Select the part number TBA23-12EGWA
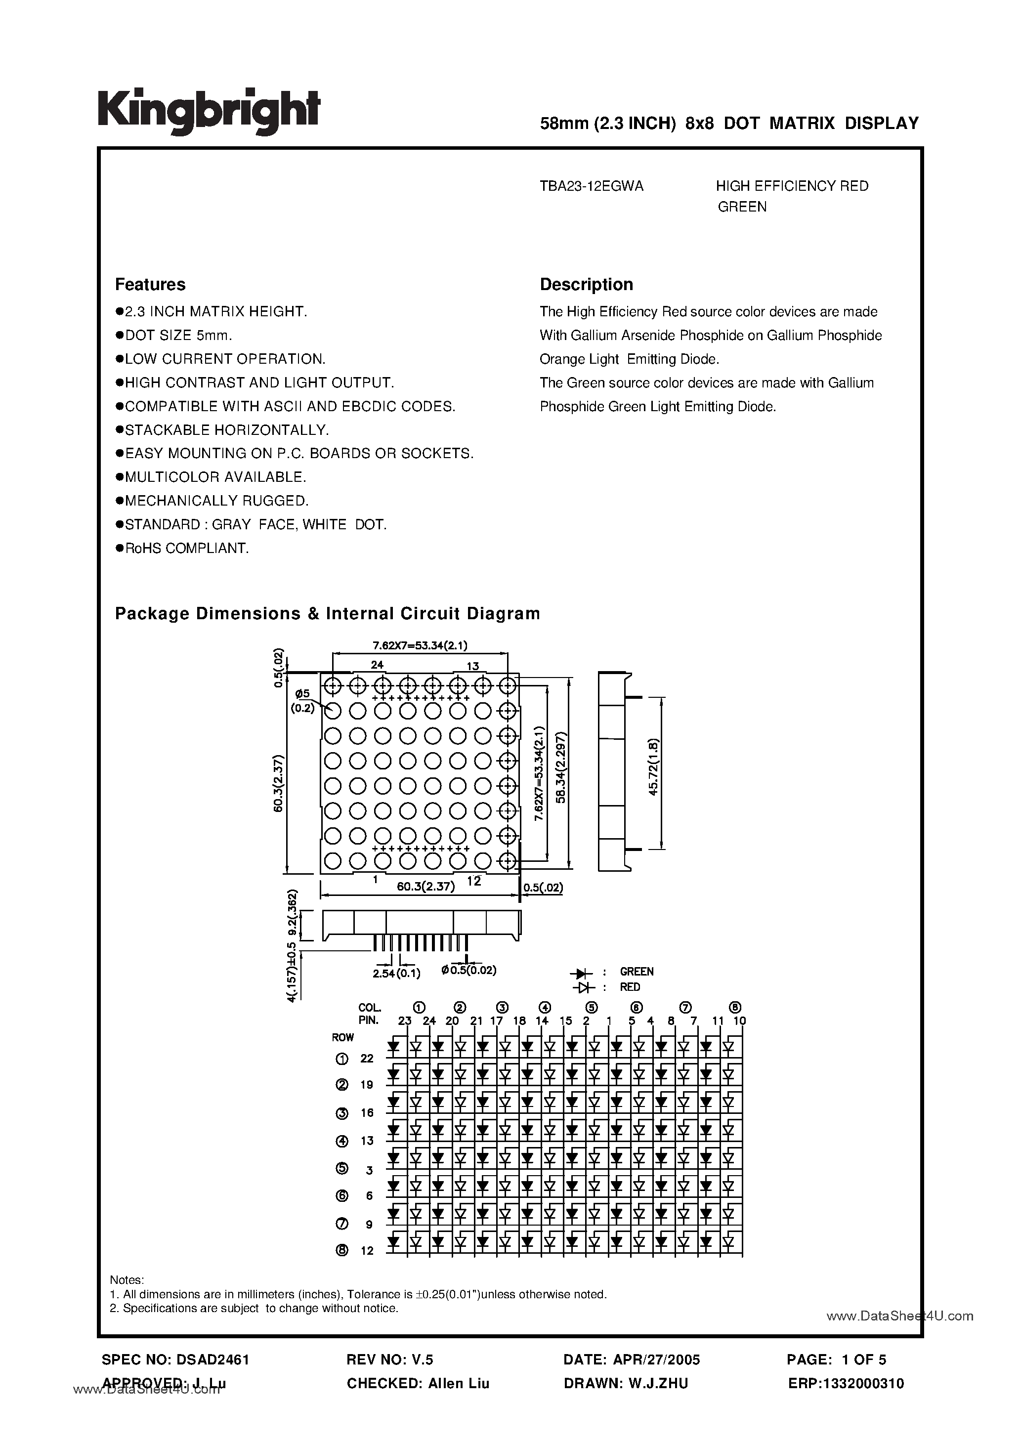tap(591, 186)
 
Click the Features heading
tap(150, 285)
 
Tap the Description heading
tap(586, 285)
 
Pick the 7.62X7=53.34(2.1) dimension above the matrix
tap(420, 645)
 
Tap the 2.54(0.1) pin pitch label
tap(396, 974)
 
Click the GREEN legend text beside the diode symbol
tap(637, 972)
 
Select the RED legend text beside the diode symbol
tap(630, 987)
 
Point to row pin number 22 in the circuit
tap(367, 1059)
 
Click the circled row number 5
tap(342, 1168)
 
